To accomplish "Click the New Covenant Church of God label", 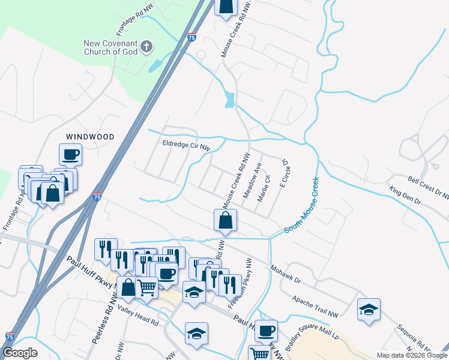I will [x=110, y=47].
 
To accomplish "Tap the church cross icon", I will [x=146, y=47].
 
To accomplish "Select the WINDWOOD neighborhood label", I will [x=90, y=137].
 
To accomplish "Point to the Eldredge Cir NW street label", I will [x=187, y=145].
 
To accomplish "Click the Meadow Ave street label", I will [x=253, y=180].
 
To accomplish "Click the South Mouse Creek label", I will [x=301, y=205].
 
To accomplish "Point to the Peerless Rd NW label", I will [x=103, y=325].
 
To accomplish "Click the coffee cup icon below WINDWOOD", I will [x=70, y=154].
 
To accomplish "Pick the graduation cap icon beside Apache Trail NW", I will [x=369, y=310].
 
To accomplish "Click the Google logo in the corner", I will [x=20, y=353].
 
